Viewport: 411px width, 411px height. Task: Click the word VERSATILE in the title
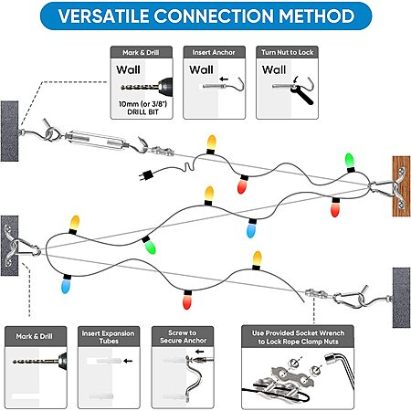tap(103, 16)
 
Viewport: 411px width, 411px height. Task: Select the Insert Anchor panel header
tap(214, 52)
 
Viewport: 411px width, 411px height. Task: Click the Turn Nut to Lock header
tap(287, 52)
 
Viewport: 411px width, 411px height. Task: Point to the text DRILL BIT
tap(142, 112)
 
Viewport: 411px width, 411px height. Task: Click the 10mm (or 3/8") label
tap(142, 104)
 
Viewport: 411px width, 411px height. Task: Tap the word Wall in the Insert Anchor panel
tap(201, 69)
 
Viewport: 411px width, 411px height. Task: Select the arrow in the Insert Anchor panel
tap(224, 79)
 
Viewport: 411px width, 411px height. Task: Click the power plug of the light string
tap(145, 175)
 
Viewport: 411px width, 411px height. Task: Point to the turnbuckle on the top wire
tap(95, 141)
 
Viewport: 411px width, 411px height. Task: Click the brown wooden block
tap(401, 186)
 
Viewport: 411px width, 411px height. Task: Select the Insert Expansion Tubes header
tap(109, 337)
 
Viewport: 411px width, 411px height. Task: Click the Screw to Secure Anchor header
tap(183, 337)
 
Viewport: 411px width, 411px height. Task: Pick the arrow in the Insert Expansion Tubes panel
tap(128, 361)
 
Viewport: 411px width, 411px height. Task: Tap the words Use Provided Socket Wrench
tap(298, 333)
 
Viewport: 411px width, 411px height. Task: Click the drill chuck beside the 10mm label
tap(164, 86)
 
